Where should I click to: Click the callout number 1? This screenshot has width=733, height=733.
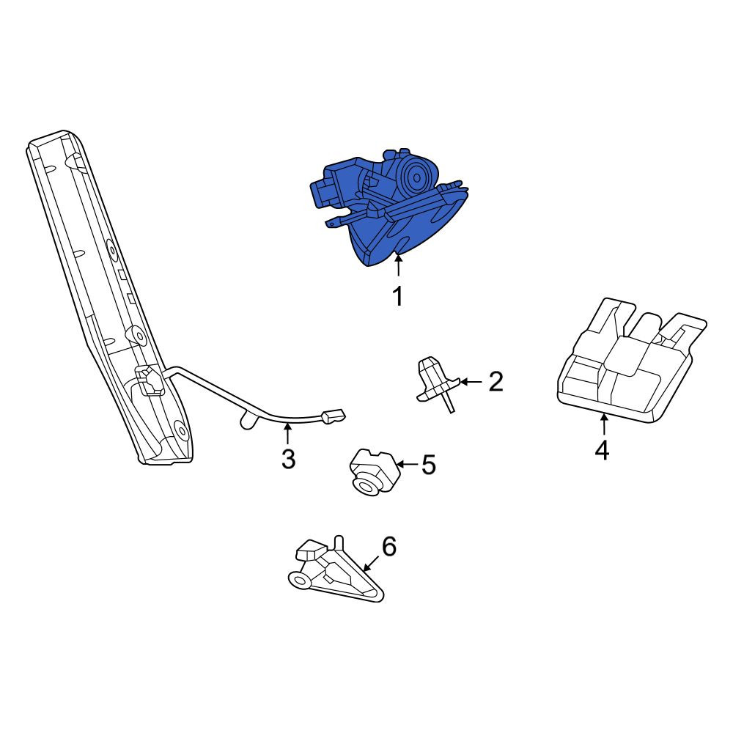tap(398, 296)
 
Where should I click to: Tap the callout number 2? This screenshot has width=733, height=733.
tap(496, 381)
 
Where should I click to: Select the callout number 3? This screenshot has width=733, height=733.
tap(288, 459)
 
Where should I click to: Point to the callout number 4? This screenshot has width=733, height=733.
tap(603, 450)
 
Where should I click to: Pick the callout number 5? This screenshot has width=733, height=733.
tap(429, 465)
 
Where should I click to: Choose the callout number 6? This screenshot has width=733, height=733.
tap(389, 546)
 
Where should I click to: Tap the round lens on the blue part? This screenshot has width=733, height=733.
tap(416, 177)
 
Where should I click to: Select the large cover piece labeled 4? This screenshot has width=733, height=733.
tap(631, 361)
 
